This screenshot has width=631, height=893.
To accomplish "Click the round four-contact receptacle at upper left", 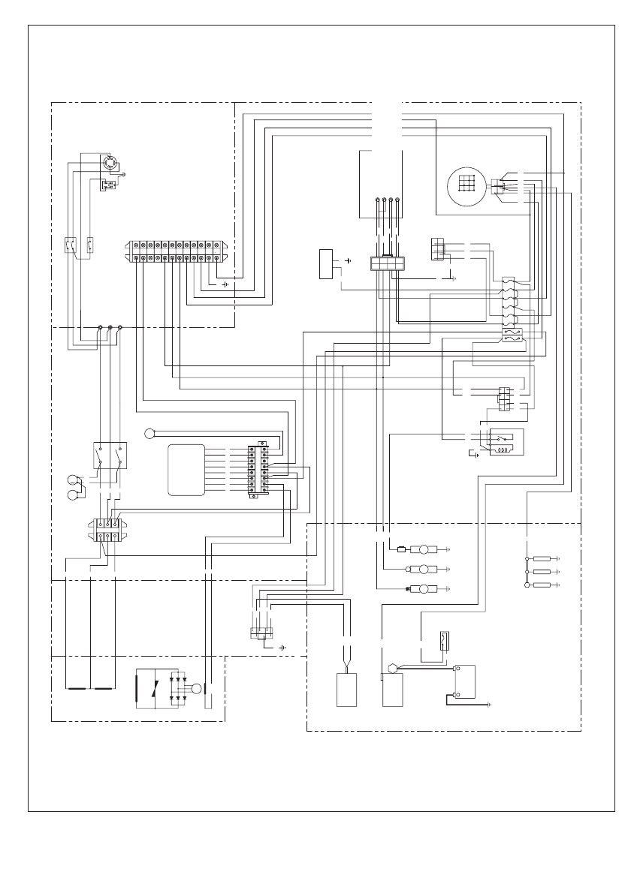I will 110,164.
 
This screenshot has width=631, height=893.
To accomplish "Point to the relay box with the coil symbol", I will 506,443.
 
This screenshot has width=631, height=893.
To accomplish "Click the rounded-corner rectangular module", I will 186,471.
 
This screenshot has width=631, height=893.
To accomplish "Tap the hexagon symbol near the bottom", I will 391,667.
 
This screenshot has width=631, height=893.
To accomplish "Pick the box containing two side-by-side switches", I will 110,457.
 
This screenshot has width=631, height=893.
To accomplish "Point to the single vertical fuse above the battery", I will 443,642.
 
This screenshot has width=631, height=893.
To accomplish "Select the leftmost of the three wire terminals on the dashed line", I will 101,328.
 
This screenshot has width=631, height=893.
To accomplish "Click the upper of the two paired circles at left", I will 72,480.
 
